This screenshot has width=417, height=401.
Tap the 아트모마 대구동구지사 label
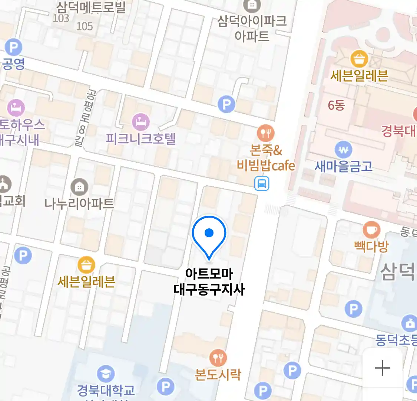pos(209,282)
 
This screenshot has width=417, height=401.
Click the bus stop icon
pos(262,183)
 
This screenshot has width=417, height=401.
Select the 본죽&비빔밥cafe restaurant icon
pos(265,133)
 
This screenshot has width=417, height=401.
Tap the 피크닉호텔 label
pos(140,139)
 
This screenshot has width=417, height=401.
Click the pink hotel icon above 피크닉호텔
pos(141,121)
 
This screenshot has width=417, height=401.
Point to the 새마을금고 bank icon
pos(344,150)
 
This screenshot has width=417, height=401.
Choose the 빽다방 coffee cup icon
pos(371,230)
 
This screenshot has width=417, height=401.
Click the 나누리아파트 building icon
pos(79,187)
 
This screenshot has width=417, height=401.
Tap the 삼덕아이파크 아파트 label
pos(252,28)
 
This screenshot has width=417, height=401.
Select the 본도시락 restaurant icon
pos(218,358)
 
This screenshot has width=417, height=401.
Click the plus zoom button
pos(382,368)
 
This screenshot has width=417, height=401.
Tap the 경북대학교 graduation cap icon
pos(106,374)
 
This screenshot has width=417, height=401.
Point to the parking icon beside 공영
pos(14,48)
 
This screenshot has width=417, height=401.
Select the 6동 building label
pos(336,105)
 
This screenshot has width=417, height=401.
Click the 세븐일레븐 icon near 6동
pos(359,59)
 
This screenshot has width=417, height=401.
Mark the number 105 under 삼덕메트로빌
pos(85,26)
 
